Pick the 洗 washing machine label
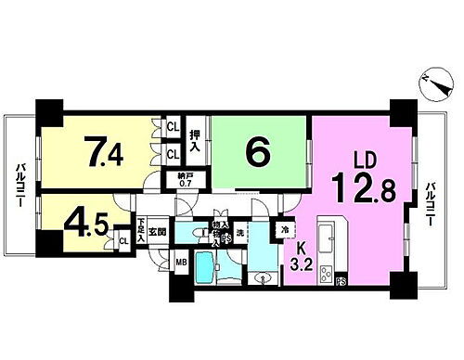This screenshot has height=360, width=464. pos(239,231)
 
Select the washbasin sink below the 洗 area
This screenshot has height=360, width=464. pos(263,277)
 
